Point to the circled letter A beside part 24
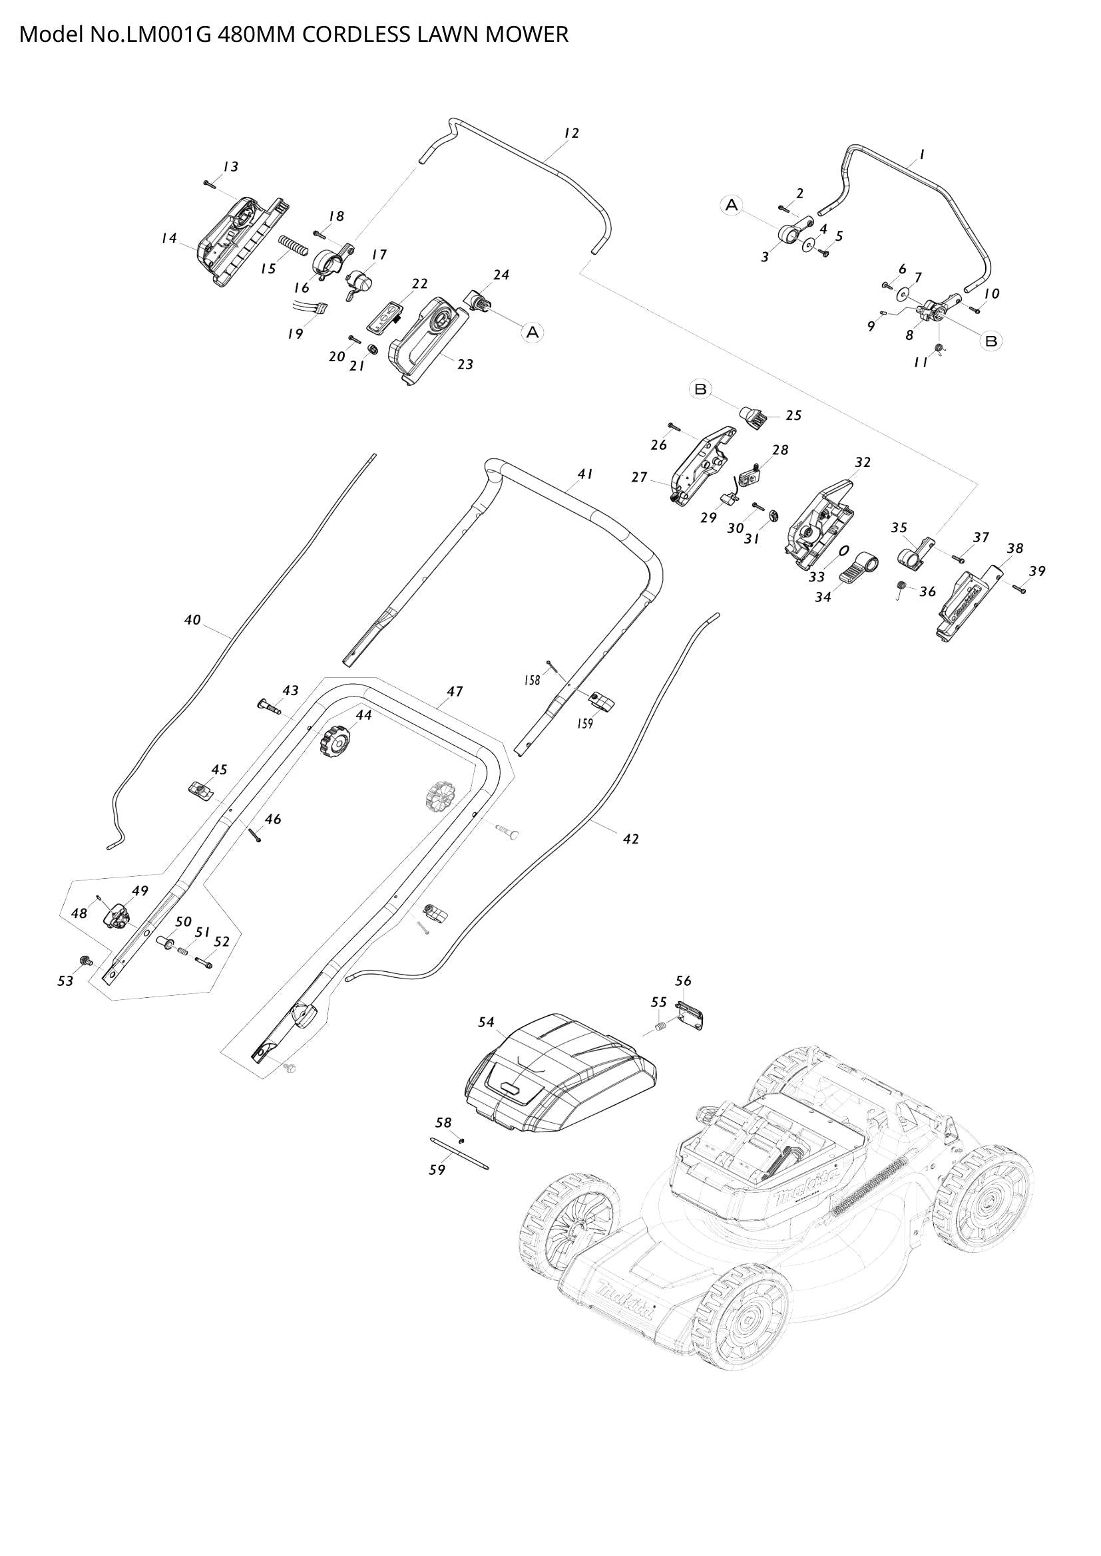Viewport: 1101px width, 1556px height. pyautogui.click(x=533, y=331)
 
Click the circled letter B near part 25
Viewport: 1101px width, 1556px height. pyautogui.click(x=701, y=389)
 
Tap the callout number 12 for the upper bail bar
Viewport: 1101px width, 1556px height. pyautogui.click(x=572, y=133)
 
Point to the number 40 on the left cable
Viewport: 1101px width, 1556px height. pyautogui.click(x=192, y=619)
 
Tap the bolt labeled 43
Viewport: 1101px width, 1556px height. pyautogui.click(x=270, y=705)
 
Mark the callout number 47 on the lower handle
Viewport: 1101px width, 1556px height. pyautogui.click(x=454, y=691)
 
